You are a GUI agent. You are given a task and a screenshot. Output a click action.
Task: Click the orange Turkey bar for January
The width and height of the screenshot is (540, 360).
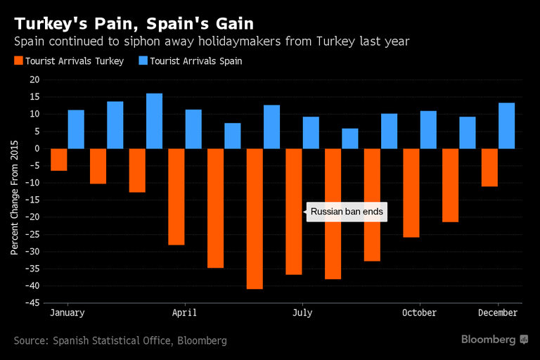59,160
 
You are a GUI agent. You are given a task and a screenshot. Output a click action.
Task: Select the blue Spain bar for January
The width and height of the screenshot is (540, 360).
76,129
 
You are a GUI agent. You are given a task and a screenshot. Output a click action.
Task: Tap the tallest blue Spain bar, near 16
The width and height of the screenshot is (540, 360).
155,121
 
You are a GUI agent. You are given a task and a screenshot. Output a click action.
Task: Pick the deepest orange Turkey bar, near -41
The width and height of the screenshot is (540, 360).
255,219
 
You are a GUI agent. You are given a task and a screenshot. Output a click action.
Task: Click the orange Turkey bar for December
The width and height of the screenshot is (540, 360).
490,167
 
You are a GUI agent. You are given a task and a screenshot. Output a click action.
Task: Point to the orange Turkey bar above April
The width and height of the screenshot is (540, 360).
176,197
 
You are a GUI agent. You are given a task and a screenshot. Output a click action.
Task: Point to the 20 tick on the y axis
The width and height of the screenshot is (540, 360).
34,80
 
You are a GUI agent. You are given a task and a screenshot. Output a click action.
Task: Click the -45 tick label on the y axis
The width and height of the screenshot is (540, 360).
32,304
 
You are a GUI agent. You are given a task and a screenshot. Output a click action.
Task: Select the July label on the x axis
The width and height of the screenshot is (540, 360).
302,313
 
